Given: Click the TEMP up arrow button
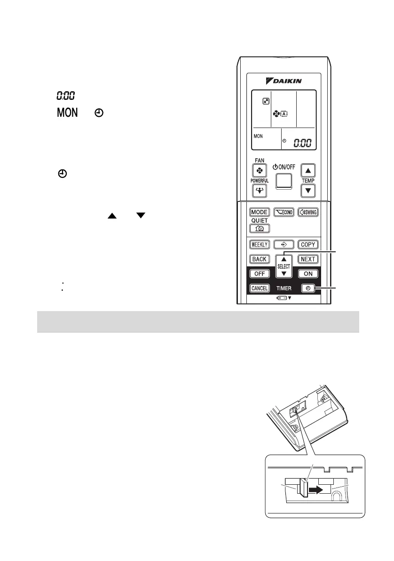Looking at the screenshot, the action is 307,171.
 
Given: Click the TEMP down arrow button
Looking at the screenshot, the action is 307,191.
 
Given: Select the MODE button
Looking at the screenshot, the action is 259,212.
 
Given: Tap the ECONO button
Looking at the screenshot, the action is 284,212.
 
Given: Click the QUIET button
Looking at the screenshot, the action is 260,228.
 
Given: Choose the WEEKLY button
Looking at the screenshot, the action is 259,244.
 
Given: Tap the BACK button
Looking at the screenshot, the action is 259,259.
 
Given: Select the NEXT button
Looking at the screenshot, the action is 308,259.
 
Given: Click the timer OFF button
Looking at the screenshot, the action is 259,273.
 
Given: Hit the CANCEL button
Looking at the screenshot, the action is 259,288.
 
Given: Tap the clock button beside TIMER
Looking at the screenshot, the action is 308,288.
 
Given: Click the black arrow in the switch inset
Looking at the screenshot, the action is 315,489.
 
